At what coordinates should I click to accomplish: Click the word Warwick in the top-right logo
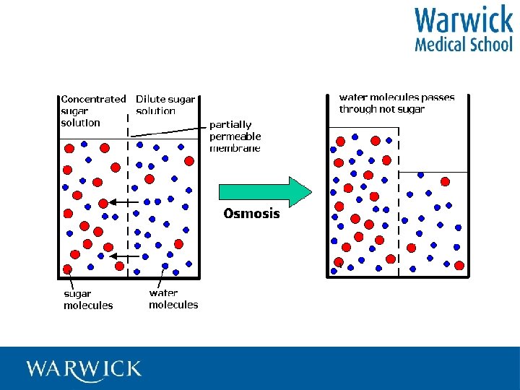[x=463, y=21]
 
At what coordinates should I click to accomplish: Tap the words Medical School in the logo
[x=463, y=45]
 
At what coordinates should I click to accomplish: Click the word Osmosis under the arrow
[x=251, y=214]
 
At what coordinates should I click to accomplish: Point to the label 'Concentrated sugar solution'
[x=92, y=110]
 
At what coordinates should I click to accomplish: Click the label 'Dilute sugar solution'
[x=165, y=105]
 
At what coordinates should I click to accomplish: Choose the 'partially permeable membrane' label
[x=235, y=136]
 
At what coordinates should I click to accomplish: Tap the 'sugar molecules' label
[x=88, y=300]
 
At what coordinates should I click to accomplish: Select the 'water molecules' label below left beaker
[x=173, y=299]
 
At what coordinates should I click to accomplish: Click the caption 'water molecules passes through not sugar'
[x=396, y=103]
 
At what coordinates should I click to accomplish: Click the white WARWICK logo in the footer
[x=84, y=369]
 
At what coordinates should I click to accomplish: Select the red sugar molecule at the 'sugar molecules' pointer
[x=68, y=269]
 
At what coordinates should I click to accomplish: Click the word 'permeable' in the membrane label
[x=235, y=136]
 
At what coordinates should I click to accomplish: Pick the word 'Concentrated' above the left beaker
[x=93, y=99]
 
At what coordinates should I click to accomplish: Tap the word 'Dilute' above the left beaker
[x=151, y=99]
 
